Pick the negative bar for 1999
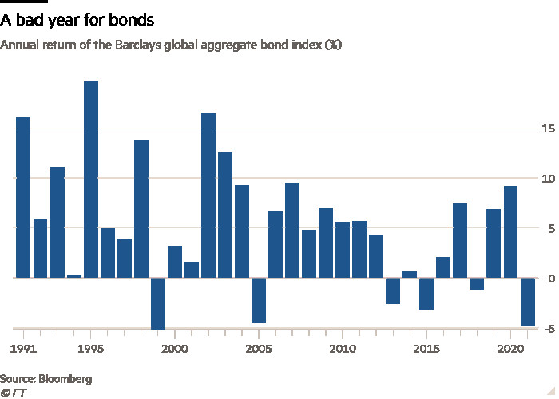tap(158, 303)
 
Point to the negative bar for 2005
tap(259, 300)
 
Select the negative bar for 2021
tap(528, 302)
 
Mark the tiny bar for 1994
tap(74, 276)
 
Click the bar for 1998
tap(141, 209)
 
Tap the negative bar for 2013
tap(393, 290)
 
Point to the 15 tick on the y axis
tap(548, 128)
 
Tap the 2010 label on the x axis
tap(343, 349)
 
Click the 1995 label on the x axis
tap(91, 349)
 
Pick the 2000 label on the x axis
tap(175, 349)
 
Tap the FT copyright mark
tap(13, 393)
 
